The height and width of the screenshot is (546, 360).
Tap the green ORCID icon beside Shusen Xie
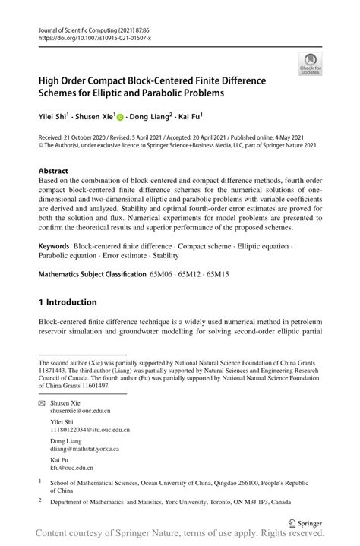coord(120,118)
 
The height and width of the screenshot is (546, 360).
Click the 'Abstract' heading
coord(53,171)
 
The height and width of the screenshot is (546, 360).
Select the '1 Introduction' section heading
coord(68,301)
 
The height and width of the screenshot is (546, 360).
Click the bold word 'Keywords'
coord(54,247)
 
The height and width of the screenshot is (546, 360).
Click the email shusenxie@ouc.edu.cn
coord(81,410)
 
